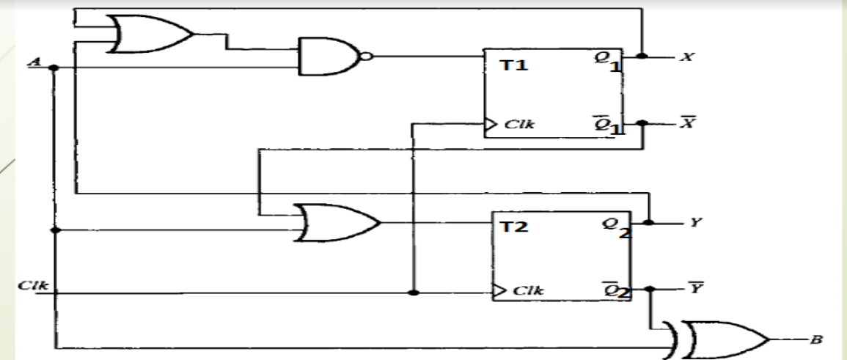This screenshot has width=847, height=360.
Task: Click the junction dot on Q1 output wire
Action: [642, 56]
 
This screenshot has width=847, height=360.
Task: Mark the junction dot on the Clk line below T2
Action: [414, 293]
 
